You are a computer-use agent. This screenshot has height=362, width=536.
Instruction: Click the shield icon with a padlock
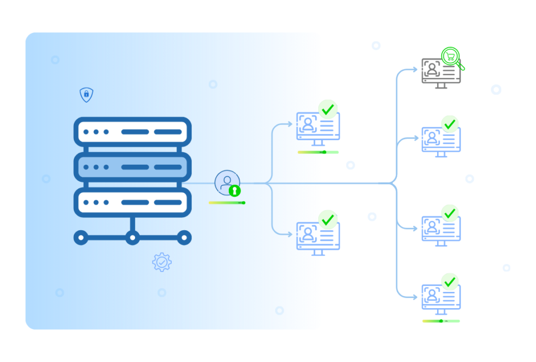[x=86, y=95]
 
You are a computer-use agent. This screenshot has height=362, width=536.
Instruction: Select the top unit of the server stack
[x=132, y=132]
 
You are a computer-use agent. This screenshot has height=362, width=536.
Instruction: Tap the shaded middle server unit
[x=132, y=167]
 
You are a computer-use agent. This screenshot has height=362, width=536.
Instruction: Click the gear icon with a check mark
[x=162, y=262]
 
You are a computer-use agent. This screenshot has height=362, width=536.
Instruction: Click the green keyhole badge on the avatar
[x=235, y=191]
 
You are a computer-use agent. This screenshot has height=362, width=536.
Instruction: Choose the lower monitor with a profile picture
[x=313, y=237]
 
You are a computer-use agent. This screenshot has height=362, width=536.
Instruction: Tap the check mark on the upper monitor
[x=328, y=109]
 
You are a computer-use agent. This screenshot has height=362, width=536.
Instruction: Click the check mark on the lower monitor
[x=328, y=220]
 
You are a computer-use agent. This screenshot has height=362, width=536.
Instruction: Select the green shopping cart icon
[x=450, y=56]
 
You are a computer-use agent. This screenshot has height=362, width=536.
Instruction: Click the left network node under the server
[x=80, y=238]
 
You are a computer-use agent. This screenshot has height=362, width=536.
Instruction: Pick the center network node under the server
[x=132, y=238]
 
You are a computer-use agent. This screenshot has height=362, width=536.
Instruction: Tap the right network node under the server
[x=183, y=238]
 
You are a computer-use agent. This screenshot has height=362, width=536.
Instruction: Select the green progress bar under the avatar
[x=227, y=202]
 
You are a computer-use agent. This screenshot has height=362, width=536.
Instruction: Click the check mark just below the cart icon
[x=450, y=125]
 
